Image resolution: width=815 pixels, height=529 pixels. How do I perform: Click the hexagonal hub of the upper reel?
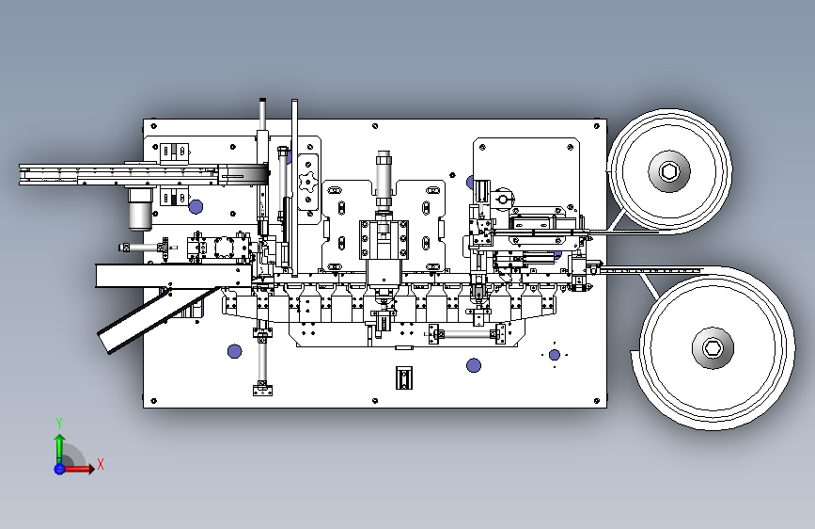(669, 170)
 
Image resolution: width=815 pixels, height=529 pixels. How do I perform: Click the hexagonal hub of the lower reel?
(713, 348)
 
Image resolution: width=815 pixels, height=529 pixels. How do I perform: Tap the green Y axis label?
(59, 424)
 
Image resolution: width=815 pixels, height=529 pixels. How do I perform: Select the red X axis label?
(101, 464)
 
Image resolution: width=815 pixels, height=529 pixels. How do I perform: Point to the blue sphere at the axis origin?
(59, 469)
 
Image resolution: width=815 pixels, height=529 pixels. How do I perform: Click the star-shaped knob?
(308, 183)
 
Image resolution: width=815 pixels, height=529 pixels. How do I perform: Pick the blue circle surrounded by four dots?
(555, 355)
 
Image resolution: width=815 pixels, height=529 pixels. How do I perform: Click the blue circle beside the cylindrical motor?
(196, 207)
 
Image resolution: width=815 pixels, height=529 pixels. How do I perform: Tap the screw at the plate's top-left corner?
(154, 126)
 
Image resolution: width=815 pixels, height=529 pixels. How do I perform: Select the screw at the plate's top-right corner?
(597, 126)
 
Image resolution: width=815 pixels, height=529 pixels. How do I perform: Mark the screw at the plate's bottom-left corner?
(153, 401)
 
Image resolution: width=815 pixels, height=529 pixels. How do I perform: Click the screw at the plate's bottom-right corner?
(597, 401)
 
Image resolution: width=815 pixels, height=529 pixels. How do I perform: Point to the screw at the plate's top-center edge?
(375, 126)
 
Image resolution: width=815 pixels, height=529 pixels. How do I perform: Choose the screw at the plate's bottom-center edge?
(375, 401)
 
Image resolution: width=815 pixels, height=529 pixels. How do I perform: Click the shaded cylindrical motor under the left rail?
(140, 209)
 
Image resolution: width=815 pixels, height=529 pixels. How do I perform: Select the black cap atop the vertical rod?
(262, 100)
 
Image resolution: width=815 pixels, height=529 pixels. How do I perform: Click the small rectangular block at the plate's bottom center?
(404, 377)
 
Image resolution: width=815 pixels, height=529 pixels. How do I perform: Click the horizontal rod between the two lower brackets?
(467, 333)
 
